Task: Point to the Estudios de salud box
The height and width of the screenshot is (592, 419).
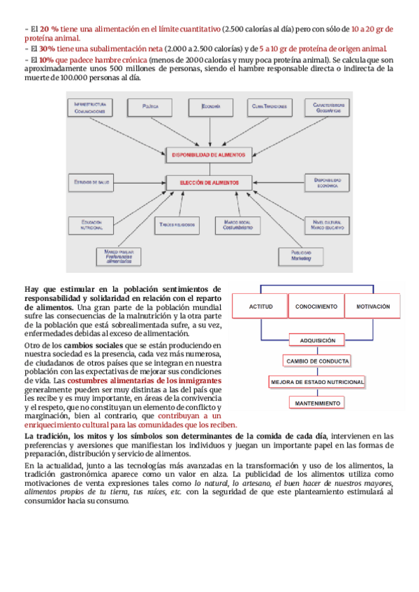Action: (x=93, y=183)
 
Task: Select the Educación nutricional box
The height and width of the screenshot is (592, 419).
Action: (x=91, y=225)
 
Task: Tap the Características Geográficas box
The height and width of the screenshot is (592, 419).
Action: (x=327, y=107)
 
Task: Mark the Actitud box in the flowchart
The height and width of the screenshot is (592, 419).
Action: (x=266, y=307)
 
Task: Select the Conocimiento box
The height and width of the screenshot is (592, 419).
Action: (x=316, y=307)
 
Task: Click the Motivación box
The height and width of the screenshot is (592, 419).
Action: (x=377, y=307)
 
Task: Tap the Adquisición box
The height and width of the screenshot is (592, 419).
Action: (x=318, y=341)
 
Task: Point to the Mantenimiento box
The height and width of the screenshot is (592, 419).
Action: (x=318, y=404)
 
